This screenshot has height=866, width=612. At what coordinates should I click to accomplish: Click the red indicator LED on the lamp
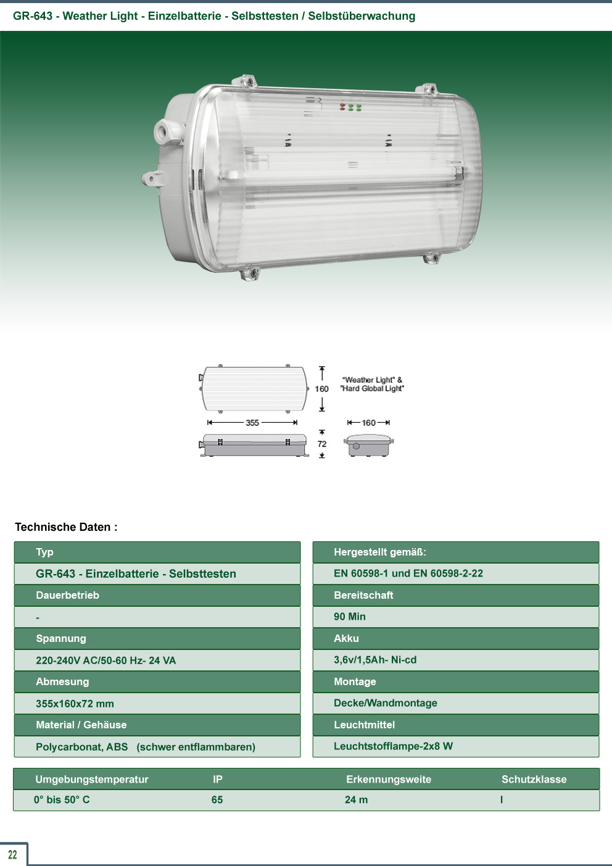pos(342,107)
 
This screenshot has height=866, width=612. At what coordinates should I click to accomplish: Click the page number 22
pos(12,854)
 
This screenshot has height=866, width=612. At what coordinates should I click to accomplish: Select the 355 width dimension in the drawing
pos(252,423)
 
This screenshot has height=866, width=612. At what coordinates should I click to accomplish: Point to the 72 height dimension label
pos(322,444)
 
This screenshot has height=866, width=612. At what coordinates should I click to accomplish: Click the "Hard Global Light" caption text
pos(372,388)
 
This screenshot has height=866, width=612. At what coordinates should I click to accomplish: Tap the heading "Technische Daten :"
pos(66,527)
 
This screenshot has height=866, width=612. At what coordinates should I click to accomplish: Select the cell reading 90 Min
pos(456,617)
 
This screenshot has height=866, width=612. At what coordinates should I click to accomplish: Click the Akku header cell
pos(456,638)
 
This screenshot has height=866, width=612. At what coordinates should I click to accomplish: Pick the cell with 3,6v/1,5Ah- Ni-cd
pos(456,660)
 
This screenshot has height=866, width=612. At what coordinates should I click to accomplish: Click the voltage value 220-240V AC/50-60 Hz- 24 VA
pos(106,660)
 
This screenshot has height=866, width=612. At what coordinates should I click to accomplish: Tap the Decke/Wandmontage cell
pos(456,703)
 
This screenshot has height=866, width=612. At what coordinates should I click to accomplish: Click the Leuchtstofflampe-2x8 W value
pos(394,746)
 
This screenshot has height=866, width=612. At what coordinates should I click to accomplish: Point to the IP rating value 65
pos(217,799)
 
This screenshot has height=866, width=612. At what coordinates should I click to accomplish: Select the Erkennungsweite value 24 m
pos(356,799)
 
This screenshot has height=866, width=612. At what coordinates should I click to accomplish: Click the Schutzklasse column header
pos(534,779)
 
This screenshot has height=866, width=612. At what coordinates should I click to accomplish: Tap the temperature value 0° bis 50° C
pos(62,799)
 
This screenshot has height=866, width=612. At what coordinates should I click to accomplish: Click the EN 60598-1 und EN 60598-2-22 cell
pos(456,573)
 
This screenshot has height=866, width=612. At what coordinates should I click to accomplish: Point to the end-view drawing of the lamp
pos(368,446)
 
